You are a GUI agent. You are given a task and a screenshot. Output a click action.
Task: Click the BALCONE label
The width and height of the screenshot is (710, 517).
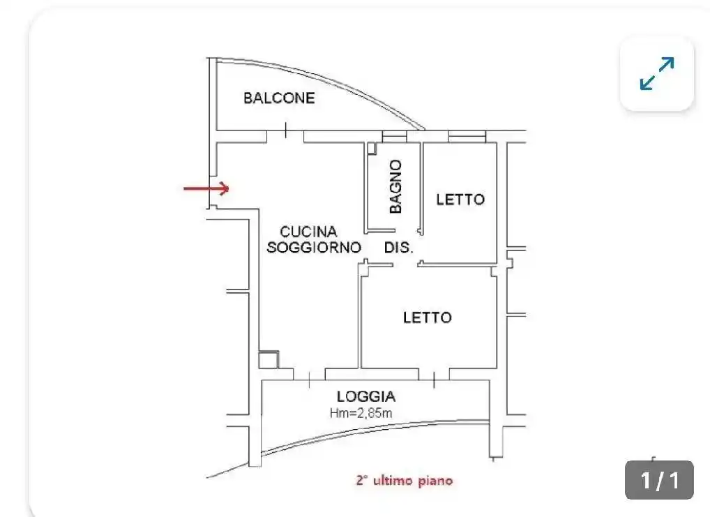click(278, 98)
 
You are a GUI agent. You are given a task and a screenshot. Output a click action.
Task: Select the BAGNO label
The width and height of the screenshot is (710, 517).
click(395, 186)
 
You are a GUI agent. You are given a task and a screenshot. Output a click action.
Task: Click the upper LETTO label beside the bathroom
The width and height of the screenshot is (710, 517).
click(460, 200)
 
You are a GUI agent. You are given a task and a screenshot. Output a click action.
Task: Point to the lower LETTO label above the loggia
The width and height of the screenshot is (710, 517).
click(427, 317)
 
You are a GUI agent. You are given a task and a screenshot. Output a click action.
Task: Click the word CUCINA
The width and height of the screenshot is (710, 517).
click(308, 231)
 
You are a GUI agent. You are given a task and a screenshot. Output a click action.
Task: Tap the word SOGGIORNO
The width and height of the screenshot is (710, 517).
click(314, 247)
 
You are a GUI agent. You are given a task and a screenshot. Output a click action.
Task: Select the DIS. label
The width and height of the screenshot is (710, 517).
click(399, 247)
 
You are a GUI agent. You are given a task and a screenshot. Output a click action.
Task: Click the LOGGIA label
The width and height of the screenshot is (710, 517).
click(365, 396)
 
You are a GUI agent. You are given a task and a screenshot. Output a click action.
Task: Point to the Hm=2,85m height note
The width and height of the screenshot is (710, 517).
click(361, 413)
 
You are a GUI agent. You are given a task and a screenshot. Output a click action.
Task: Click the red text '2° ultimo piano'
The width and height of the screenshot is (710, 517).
click(404, 480)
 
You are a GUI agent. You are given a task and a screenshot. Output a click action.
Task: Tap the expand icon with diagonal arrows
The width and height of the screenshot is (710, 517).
click(657, 74)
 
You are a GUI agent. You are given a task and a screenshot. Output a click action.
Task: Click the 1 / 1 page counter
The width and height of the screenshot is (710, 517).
click(659, 480)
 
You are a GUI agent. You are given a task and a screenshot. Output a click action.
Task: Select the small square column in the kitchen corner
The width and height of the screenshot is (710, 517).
click(268, 360)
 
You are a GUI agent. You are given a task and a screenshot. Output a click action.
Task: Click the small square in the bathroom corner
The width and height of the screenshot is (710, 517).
click(372, 148)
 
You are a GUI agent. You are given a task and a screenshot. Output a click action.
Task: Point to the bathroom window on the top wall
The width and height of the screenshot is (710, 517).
click(394, 137)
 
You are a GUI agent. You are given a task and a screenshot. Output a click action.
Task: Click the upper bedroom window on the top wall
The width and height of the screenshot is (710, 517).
click(467, 137)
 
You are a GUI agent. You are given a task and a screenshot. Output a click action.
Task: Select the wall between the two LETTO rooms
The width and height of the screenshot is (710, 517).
click(460, 264)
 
